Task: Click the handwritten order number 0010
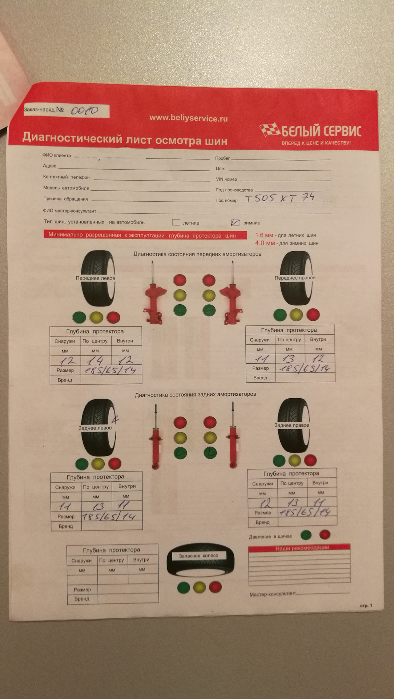click(84, 110)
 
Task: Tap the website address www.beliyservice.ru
click(188, 118)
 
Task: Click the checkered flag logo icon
click(269, 129)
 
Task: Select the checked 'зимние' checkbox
click(235, 222)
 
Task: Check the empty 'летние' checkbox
click(176, 222)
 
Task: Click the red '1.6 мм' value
click(264, 235)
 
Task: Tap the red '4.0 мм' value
click(265, 243)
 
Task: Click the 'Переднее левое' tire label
click(95, 278)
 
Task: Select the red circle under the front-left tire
click(113, 317)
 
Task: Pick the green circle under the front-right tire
click(280, 315)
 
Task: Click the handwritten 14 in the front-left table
click(95, 360)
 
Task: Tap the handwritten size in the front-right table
click(305, 368)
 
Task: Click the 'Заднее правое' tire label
click(292, 425)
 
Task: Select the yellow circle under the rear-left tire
click(98, 464)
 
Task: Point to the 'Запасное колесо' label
click(198, 556)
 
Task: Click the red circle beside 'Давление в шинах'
click(325, 534)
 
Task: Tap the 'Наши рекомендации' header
click(302, 548)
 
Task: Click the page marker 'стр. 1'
click(366, 605)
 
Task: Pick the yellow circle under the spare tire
click(199, 587)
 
